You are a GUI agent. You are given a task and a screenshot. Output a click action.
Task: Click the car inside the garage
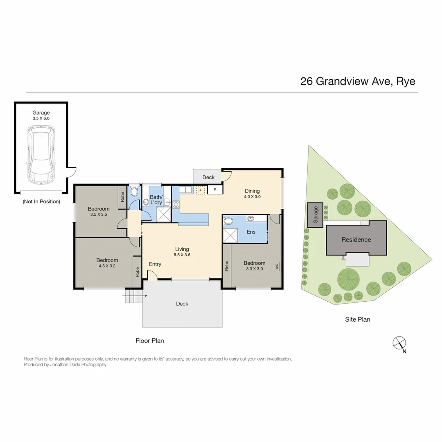41,156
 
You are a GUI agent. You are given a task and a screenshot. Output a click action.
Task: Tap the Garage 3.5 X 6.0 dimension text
41,118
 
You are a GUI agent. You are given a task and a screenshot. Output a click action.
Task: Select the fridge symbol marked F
200,190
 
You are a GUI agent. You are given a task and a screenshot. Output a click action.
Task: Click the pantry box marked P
215,190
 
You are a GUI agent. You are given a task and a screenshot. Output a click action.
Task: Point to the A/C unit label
277,266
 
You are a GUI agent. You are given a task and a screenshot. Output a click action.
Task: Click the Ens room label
251,232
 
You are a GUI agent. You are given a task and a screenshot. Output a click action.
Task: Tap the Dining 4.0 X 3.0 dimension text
253,196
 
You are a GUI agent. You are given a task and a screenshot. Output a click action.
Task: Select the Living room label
182,249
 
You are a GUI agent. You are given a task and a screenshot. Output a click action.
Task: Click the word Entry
155,264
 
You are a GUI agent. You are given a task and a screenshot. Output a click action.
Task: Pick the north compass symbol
399,343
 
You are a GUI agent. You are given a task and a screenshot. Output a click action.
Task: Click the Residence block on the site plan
356,239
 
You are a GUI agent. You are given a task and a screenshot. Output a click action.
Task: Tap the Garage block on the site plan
315,214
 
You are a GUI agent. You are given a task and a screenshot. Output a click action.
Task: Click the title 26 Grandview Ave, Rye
358,81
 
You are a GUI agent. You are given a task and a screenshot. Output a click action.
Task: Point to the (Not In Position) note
41,201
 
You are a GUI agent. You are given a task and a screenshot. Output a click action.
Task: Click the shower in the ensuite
230,236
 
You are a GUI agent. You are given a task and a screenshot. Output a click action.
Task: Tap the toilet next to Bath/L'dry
134,192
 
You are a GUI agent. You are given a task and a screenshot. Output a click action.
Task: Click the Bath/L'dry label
156,199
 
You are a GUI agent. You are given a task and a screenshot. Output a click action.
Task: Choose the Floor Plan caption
150,341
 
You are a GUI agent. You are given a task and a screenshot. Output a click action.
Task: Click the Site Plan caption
357,319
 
